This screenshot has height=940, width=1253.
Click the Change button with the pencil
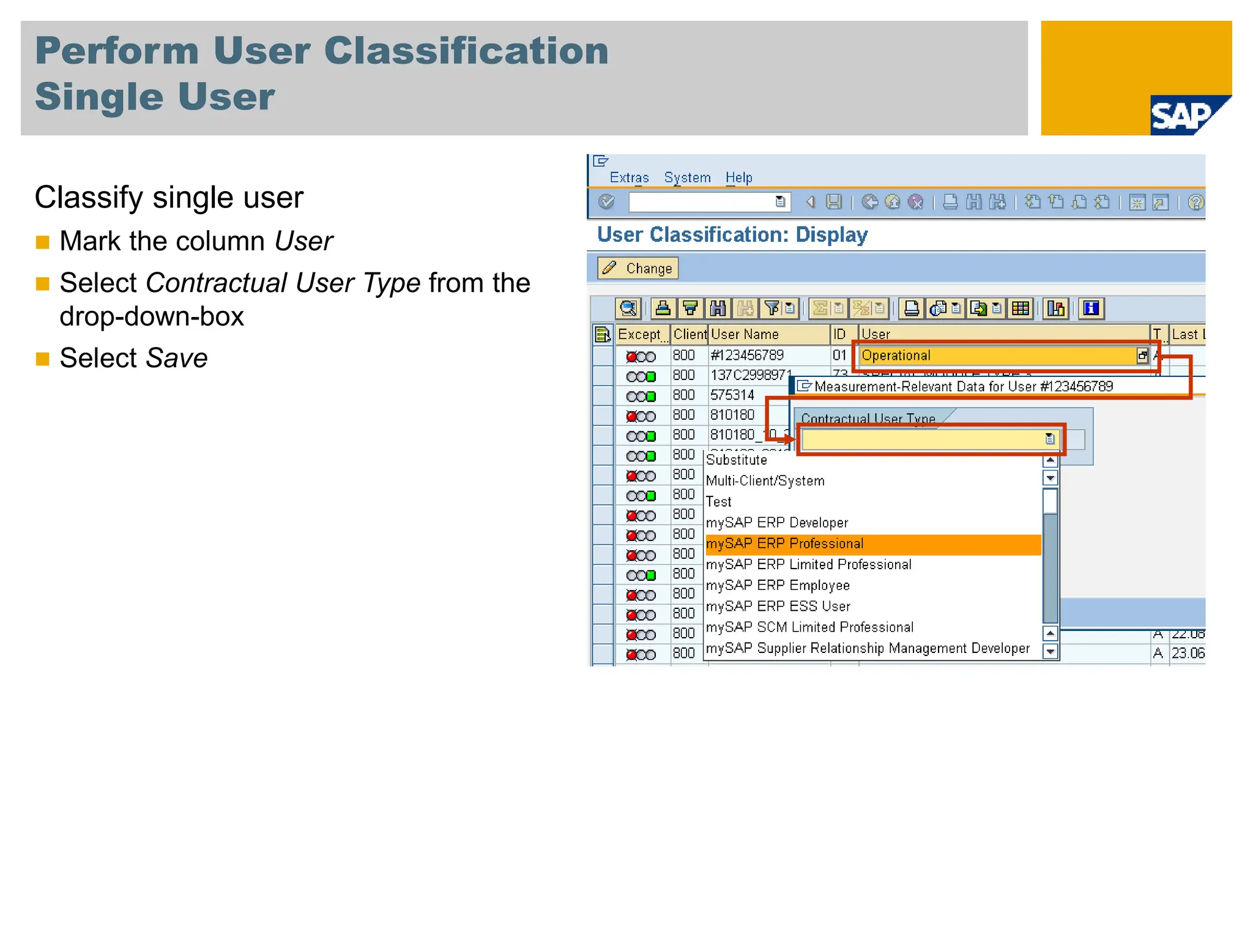pos(638,268)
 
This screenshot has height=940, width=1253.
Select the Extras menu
pos(629,177)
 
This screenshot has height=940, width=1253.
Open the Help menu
pos(738,177)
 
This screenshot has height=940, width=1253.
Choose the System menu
pos(687,177)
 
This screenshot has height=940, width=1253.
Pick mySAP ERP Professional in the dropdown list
pos(785,543)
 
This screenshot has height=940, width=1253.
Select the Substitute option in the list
pos(737,460)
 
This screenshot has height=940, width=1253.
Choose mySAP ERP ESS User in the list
pos(778,606)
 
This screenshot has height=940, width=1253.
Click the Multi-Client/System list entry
pos(765,481)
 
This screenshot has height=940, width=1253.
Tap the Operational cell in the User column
pos(896,356)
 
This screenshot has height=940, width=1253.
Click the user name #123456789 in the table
pos(747,356)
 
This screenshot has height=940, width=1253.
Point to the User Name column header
pos(745,334)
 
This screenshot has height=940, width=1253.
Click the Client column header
pos(690,334)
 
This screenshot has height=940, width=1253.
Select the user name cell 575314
pos(732,395)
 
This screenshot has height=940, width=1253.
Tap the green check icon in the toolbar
pos(606,202)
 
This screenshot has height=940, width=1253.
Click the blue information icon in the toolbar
pos(1091,308)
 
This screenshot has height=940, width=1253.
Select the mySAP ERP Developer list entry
pos(777,523)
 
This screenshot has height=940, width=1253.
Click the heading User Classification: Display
pos(732,235)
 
